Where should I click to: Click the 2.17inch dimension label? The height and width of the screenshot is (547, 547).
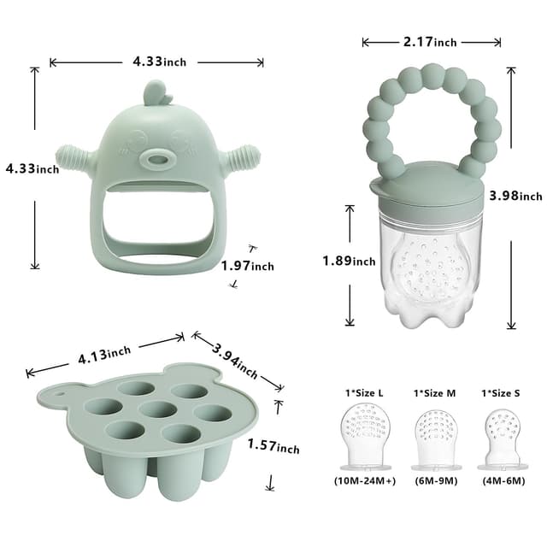pyautogui.click(x=432, y=42)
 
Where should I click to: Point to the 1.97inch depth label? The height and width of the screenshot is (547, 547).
pyautogui.click(x=248, y=266)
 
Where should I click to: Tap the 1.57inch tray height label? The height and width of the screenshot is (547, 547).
pyautogui.click(x=273, y=444)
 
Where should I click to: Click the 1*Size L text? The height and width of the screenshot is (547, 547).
pyautogui.click(x=364, y=392)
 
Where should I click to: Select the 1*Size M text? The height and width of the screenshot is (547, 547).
pyautogui.click(x=435, y=392)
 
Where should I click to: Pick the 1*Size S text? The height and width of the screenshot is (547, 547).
pyautogui.click(x=502, y=392)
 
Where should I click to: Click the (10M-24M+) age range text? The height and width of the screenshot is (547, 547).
pyautogui.click(x=365, y=481)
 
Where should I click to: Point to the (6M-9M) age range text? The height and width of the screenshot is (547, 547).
pyautogui.click(x=436, y=481)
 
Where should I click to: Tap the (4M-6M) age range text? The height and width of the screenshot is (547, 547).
pyautogui.click(x=503, y=481)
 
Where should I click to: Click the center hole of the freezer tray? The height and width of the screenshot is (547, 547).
pyautogui.click(x=157, y=409)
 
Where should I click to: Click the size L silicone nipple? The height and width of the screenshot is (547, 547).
pyautogui.click(x=365, y=436)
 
